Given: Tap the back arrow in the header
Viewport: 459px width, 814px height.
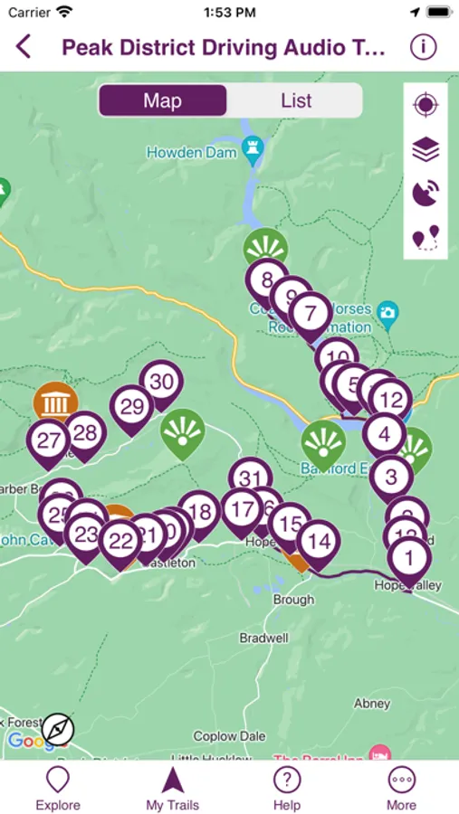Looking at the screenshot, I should click(24, 47).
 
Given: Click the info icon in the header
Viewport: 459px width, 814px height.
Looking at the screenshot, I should click(423, 47).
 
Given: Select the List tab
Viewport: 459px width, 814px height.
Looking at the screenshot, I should click(295, 100).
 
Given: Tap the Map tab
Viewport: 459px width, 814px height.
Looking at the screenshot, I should click(162, 100).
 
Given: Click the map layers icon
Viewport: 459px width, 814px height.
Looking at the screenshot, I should click(426, 149).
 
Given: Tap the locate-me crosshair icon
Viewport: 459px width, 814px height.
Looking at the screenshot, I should click(426, 105).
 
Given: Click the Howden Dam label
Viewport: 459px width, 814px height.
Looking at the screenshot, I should click(192, 153).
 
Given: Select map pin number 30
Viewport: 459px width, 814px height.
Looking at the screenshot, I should click(161, 382).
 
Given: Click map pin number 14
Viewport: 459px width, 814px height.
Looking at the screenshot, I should click(318, 542).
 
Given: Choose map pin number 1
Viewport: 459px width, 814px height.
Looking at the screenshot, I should click(409, 557).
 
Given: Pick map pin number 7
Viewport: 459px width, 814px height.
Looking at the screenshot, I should click(311, 314).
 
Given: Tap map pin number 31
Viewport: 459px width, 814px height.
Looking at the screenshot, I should click(251, 479).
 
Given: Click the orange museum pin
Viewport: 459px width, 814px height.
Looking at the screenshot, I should click(56, 402).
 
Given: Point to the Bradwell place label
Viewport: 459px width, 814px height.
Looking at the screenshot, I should click(263, 638).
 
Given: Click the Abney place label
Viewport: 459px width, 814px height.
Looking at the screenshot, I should click(372, 703).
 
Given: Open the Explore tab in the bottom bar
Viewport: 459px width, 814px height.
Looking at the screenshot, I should click(58, 787).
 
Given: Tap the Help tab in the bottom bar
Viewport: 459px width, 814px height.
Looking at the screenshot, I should click(287, 787).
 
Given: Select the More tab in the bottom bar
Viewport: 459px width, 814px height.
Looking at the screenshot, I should click(401, 787).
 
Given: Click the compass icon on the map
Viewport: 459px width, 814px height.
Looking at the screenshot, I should click(58, 729).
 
